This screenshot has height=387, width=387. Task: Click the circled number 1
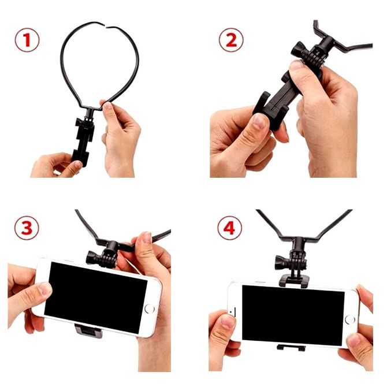pos(27,40)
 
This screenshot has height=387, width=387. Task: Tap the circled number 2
pos(231,40)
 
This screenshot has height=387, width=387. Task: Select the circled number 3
pos(27,228)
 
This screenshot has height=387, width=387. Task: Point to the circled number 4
pos(230,228)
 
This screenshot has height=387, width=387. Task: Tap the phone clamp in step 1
pos(83,142)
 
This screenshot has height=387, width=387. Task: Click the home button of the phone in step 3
pos(150,309)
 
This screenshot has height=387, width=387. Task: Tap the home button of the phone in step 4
pos(350,319)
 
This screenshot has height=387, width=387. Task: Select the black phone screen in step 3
pos(96,297)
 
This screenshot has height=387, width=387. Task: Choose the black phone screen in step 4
pos(293,315)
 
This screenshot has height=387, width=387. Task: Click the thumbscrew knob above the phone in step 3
pos(91,258)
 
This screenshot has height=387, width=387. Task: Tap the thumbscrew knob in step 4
pos(281,263)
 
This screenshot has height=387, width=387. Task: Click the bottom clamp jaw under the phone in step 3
pos(88,331)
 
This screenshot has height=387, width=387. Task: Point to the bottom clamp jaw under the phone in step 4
pos(291,348)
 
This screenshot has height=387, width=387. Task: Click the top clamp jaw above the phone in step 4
pos(293,281)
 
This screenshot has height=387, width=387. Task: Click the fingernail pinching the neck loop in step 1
pos(107,105)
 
